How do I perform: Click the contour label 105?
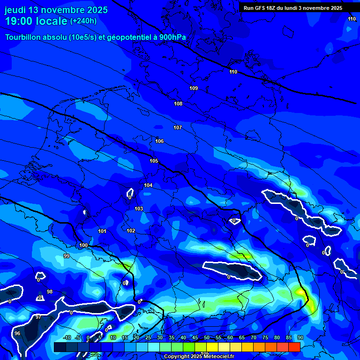pos(154,161)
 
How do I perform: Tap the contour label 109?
pos(194,89)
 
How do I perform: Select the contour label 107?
pos(178,128)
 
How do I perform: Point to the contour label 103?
pos(139,209)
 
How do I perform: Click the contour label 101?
pos(102,232)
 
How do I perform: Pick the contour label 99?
pos(67,256)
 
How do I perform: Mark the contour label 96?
pos(17,333)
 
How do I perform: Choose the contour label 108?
pos(178,104)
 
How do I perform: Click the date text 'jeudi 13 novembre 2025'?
pos(56,10)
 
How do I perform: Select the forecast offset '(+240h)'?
pos(83,21)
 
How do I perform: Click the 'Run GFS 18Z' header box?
pos(293,8)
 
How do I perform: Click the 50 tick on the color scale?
pos(207,337)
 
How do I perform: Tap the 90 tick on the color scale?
pos(300,337)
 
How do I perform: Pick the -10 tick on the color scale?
pos(67,337)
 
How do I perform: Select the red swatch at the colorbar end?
pos(294,347)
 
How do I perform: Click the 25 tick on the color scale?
pos(148,337)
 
